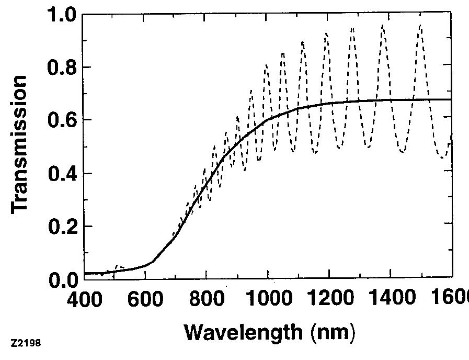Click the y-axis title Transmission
coord(19,144)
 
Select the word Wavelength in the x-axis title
coord(243,331)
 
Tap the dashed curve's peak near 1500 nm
coord(420,25)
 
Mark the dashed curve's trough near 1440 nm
coord(402,152)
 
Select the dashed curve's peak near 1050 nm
coord(283,53)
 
